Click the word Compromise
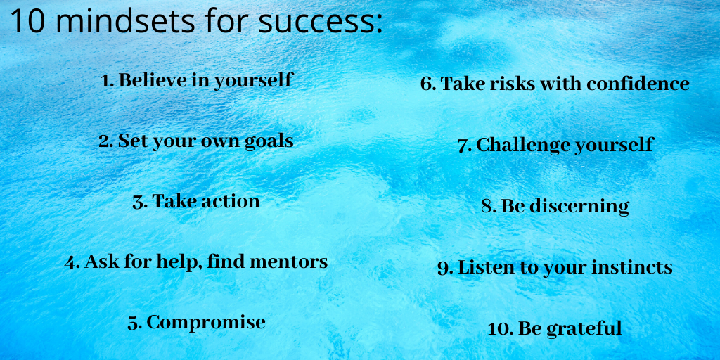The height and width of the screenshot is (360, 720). [x=206, y=323]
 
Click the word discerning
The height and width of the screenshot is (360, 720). [x=579, y=207]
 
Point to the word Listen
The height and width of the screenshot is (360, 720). [x=484, y=267]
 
